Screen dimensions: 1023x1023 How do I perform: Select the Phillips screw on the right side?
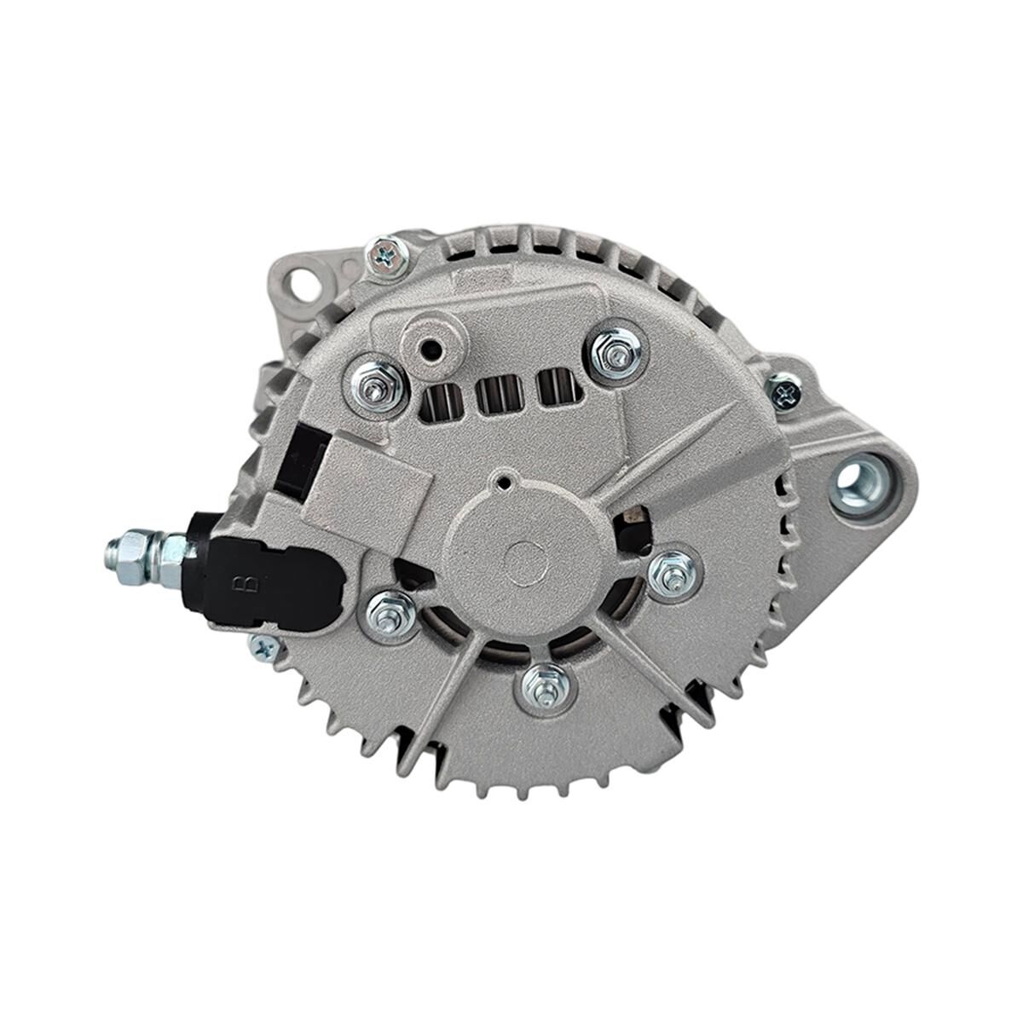785,391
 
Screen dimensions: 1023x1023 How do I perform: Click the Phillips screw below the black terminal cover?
265,649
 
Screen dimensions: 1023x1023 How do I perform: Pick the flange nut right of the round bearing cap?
673,573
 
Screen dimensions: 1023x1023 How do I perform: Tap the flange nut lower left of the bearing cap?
390,614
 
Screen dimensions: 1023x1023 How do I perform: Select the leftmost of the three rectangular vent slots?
444,396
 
